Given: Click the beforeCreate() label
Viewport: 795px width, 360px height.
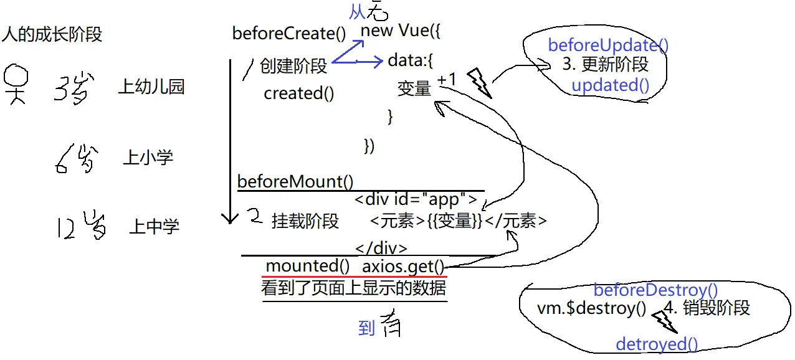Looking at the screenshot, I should point(288,33).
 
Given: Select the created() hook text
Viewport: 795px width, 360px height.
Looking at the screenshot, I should point(299,93).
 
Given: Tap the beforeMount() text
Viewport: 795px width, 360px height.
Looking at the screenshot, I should point(295,182).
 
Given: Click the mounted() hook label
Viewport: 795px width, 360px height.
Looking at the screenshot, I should point(307,266).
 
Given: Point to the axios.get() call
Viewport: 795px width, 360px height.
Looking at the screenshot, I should point(404,267).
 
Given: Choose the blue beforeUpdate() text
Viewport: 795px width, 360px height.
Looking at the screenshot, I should point(608,45).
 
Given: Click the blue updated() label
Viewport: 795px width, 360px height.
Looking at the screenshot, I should point(611,85).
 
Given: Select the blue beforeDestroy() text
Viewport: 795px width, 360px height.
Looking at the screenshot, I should point(655,290).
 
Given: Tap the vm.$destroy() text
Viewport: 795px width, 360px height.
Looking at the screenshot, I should point(591,308).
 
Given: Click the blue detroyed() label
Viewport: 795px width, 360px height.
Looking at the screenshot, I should point(657,344).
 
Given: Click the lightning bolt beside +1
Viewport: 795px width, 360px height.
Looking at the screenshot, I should point(479,83).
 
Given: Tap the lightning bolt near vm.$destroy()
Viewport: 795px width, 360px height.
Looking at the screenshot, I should point(664,321).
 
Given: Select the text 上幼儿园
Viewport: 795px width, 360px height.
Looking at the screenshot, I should point(151,87).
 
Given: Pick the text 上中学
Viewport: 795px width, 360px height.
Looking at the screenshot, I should point(154,226).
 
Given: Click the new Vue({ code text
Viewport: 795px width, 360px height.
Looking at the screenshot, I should point(401,30).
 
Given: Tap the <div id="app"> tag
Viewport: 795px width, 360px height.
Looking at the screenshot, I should point(416,201).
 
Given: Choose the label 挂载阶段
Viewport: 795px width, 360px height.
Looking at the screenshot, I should point(305,221).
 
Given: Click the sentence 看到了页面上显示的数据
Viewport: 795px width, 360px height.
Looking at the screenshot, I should point(353,288).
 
